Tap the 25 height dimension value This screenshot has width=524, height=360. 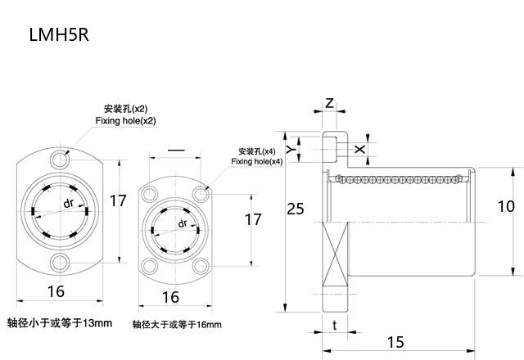pyautogui.click(x=295, y=209)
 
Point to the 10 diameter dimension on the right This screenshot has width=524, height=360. pyautogui.click(x=507, y=207)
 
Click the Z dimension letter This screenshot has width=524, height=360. pyautogui.click(x=329, y=104)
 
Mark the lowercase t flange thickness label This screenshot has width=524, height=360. pyautogui.click(x=336, y=325)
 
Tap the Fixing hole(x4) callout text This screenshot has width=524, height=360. pyautogui.click(x=256, y=162)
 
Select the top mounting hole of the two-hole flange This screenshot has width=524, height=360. pyautogui.click(x=59, y=157)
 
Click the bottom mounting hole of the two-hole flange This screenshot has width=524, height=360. pyautogui.click(x=59, y=261)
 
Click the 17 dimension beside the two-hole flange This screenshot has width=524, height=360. pyautogui.click(x=119, y=200)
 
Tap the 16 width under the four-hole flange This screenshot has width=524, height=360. pyautogui.click(x=170, y=298)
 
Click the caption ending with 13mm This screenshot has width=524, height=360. pyautogui.click(x=59, y=323)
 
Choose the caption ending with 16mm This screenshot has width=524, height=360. pyautogui.click(x=177, y=325)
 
